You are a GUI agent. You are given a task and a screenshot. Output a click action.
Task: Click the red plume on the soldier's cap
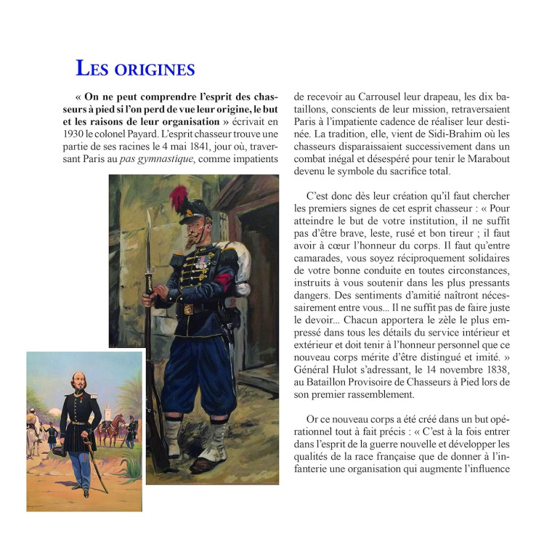click(179, 195)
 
